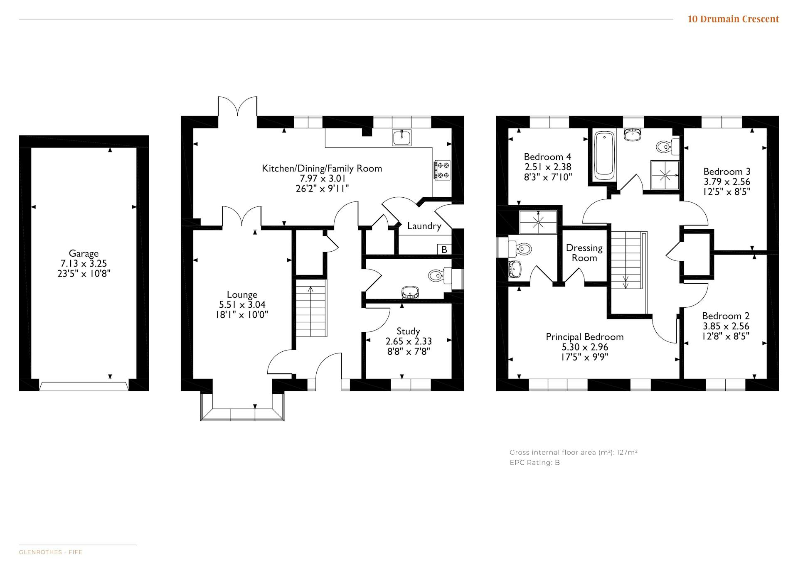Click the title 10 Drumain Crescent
click(733, 19)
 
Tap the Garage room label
click(84, 253)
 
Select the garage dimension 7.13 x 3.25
click(84, 263)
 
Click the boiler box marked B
click(444, 249)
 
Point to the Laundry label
click(424, 226)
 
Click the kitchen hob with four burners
click(442, 170)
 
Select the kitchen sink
click(402, 137)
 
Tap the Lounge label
click(242, 295)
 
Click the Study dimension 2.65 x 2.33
click(409, 341)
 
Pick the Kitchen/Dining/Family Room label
click(322, 169)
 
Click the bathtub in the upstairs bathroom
click(604, 156)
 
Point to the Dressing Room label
click(584, 253)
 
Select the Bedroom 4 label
click(547, 157)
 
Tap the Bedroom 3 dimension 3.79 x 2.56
click(727, 182)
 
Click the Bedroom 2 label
click(726, 316)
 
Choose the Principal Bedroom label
click(585, 337)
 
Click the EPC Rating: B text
click(535, 463)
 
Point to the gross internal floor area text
click(574, 453)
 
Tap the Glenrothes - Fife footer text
click(51, 552)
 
